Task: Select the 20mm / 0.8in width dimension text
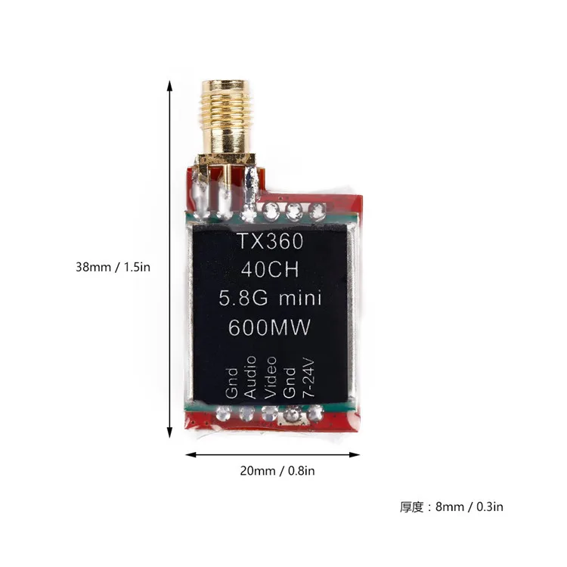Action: click(277, 470)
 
